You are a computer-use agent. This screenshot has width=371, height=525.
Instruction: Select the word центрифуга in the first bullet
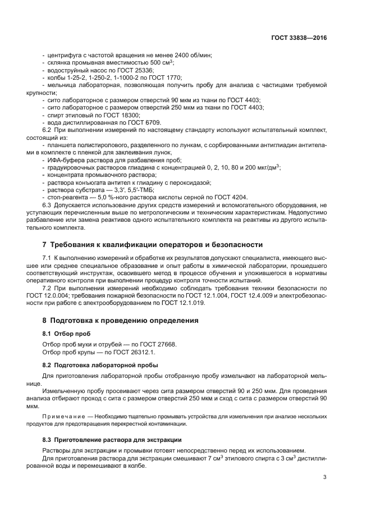pyautogui.click(x=64, y=55)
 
